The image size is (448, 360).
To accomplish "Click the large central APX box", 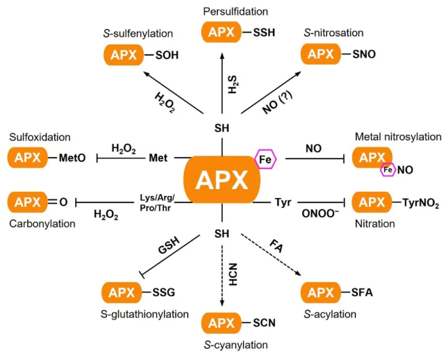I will (222, 180).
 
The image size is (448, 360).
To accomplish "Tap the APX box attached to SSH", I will (218, 32).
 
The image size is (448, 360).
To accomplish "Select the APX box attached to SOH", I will (121, 55).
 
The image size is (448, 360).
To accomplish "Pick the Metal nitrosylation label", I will (398, 136).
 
